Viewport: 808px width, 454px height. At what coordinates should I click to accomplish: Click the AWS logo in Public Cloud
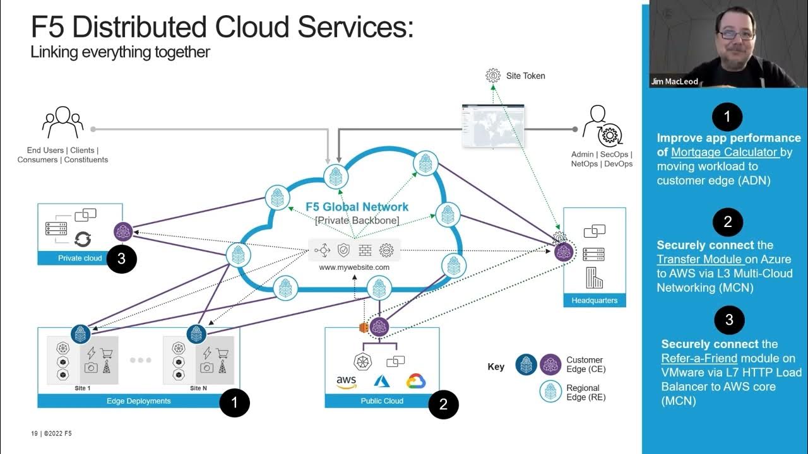tap(347, 382)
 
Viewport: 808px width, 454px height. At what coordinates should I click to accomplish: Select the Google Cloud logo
tap(416, 381)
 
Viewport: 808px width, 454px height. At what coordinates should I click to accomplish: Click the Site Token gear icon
tap(493, 76)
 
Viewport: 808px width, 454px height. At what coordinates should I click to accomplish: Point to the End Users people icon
tap(62, 122)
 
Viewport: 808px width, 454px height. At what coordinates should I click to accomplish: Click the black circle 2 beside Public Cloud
tap(443, 405)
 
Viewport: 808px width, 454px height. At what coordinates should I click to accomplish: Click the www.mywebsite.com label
tap(354, 267)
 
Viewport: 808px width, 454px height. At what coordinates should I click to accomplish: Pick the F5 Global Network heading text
tap(357, 207)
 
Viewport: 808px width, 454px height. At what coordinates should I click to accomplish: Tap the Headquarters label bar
tap(594, 300)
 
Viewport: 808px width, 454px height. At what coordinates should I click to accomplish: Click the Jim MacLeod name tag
tap(675, 81)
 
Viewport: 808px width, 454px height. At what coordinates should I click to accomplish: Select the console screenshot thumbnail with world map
tap(492, 126)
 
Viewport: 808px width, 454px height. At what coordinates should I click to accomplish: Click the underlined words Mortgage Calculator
tap(724, 152)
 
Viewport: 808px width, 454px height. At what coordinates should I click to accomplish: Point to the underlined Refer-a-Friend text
tap(699, 358)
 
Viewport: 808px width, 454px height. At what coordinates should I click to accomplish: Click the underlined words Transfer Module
tap(699, 259)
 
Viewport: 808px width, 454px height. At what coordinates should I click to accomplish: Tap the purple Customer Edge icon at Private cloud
tap(122, 231)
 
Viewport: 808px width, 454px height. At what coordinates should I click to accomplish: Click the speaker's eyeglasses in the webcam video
tap(736, 34)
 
